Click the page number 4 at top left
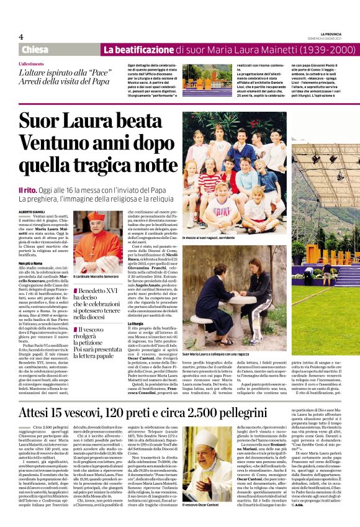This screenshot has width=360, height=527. pos(21,37)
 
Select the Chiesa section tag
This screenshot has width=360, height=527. pos(35,50)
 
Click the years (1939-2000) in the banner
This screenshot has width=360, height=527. pos(308,50)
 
